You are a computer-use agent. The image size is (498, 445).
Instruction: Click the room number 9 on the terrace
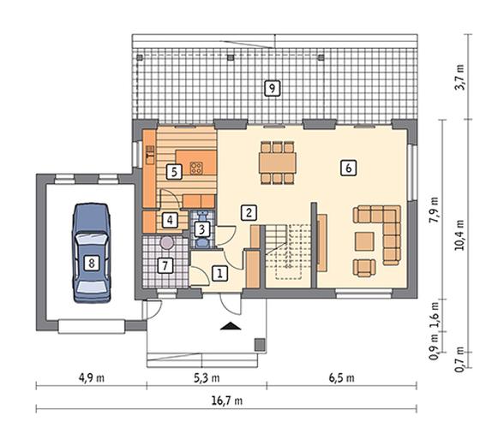tap(273, 88)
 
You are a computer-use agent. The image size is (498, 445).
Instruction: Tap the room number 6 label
tap(348, 168)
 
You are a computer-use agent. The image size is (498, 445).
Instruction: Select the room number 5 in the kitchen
tap(174, 172)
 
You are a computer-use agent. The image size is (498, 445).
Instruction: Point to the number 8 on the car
tap(92, 263)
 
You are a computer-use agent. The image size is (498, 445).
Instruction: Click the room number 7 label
tap(165, 265)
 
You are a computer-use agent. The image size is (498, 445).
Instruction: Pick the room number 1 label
tap(219, 273)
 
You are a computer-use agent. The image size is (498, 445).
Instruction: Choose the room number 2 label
tap(249, 212)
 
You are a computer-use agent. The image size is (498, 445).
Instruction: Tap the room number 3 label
tap(202, 229)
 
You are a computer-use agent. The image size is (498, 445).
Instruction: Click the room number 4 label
tap(171, 219)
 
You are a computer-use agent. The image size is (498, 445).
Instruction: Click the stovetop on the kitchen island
tap(196, 168)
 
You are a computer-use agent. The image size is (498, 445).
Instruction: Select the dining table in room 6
tap(278, 163)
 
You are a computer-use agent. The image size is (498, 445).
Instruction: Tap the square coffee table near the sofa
tap(364, 241)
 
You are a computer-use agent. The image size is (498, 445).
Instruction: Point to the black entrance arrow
tap(231, 326)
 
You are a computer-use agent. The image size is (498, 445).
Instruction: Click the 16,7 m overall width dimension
tap(227, 400)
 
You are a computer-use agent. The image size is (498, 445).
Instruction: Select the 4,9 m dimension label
tap(92, 377)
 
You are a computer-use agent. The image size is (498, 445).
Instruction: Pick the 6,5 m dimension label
tap(342, 377)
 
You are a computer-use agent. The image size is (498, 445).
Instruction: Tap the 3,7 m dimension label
tap(459, 77)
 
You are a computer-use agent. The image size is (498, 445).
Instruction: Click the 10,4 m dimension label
tap(459, 235)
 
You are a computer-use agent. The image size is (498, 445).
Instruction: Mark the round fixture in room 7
tap(167, 243)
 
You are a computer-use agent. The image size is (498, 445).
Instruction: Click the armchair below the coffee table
tap(364, 268)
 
